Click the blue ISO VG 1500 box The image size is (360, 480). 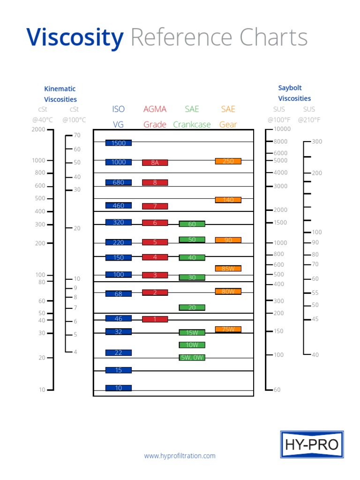(x=119, y=143)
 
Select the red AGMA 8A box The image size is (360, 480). (x=155, y=163)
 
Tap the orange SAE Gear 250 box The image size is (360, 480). (x=228, y=161)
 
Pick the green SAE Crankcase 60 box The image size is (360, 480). (x=192, y=224)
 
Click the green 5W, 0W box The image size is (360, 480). (x=192, y=358)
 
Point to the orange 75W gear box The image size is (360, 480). (x=228, y=330)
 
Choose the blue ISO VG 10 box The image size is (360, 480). (x=119, y=388)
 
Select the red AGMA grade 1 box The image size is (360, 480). (x=155, y=319)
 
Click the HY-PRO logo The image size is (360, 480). (x=312, y=444)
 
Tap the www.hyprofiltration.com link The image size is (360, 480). (x=180, y=456)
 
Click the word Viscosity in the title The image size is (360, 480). (x=75, y=37)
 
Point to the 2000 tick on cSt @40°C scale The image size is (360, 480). (x=50, y=129)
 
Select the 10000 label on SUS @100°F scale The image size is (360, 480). (x=282, y=129)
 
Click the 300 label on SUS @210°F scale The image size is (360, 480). (x=317, y=142)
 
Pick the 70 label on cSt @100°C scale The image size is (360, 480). (x=77, y=135)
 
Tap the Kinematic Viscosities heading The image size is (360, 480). (x=60, y=94)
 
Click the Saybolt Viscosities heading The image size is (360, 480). (x=294, y=93)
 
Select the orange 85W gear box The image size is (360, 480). (x=228, y=269)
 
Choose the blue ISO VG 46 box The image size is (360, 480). (x=119, y=319)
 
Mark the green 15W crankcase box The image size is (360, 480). (x=192, y=333)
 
